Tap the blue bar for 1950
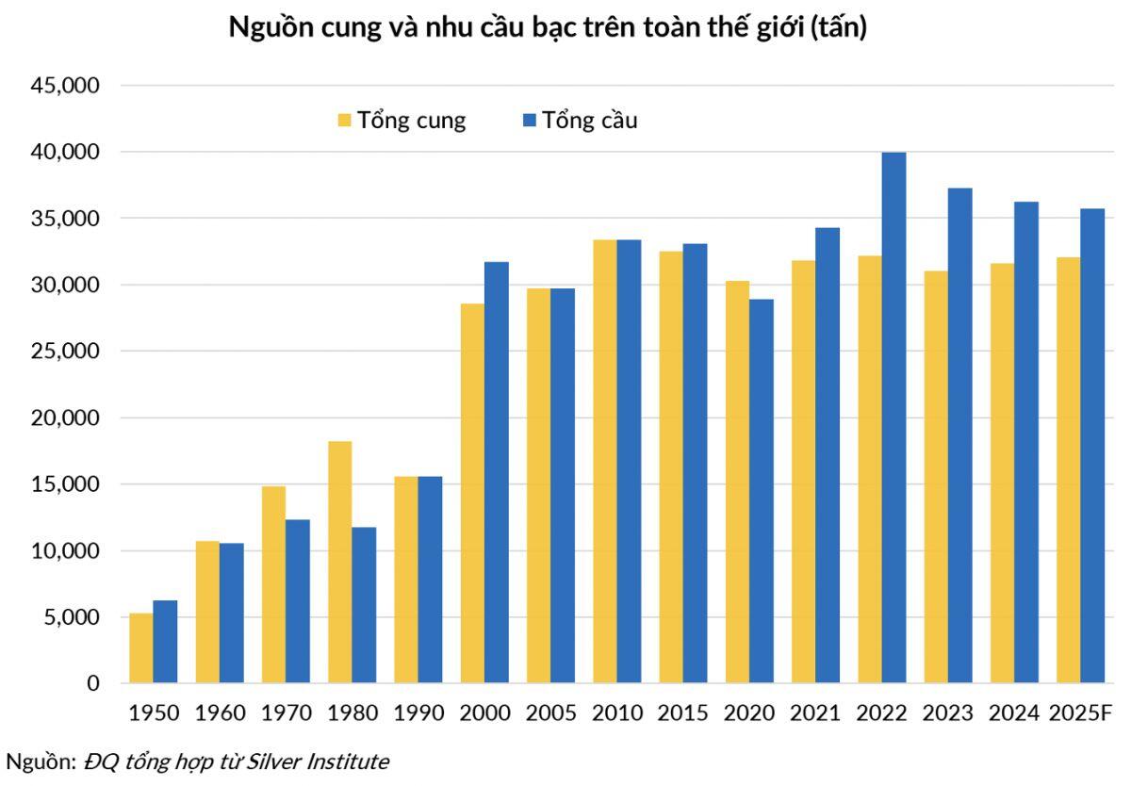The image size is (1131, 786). [x=165, y=642]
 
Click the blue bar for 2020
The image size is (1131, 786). [x=762, y=491]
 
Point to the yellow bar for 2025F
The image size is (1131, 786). [x=1069, y=470]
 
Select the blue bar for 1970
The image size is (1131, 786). [x=298, y=601]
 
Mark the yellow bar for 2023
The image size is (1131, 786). [x=936, y=477]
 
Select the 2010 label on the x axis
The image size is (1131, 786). [x=617, y=712]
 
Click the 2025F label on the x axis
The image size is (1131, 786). [x=1081, y=712]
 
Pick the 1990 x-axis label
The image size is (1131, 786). [x=418, y=712]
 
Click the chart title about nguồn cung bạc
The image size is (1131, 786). [x=548, y=28]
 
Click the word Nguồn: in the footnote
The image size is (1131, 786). [x=41, y=761]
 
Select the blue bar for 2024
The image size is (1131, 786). [x=1026, y=442]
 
